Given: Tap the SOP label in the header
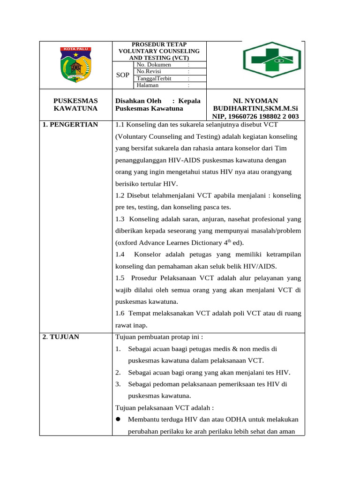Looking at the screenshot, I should pos(122,75).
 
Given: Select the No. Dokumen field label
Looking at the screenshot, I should pos(150,65).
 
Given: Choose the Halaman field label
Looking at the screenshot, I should pos(147,85).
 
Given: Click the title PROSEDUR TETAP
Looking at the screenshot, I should pos(159,44).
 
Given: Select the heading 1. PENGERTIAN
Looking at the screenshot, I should pos(70,124).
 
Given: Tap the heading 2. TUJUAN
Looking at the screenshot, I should pos(60,337).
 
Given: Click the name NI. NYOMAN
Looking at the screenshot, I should pos(255,101).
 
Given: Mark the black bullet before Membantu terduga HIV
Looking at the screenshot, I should pos(119,420).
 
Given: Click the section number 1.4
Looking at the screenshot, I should pos(120,255).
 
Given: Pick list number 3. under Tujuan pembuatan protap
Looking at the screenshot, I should pos(118,384).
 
